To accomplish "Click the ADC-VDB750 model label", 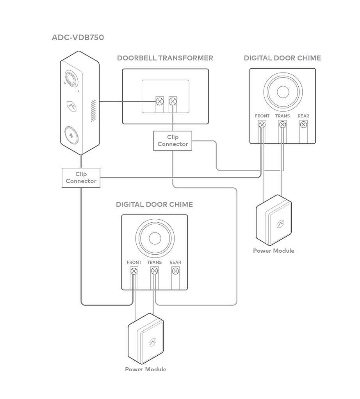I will tap(78, 38).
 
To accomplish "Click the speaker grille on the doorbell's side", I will tap(93, 111).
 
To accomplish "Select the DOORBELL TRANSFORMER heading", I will tap(165, 58).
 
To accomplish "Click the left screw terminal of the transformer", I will tap(160, 102).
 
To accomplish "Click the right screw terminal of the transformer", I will tap(173, 102).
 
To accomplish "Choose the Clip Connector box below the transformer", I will tap(173, 141).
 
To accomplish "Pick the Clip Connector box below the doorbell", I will tap(81, 177).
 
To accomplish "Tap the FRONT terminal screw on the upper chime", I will tap(262, 125).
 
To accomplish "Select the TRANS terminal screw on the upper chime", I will tap(282, 125).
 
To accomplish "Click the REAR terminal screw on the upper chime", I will tap(303, 125).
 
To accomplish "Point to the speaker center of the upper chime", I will tap(283, 92).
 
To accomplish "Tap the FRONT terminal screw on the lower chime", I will tap(134, 271).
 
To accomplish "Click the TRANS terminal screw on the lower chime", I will tap(155, 271).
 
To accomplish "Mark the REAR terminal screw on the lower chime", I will tap(175, 271).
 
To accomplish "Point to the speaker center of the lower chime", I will tap(155, 238).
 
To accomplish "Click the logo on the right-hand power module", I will tap(280, 224).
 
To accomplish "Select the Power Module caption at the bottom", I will tap(145, 369).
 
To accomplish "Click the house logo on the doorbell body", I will tap(71, 106).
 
